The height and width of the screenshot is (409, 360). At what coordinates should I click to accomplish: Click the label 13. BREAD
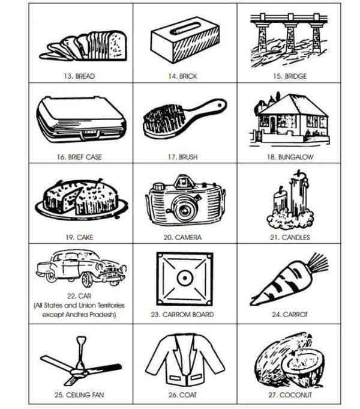coord(79,76)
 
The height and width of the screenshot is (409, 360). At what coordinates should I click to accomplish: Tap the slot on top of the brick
coord(185,28)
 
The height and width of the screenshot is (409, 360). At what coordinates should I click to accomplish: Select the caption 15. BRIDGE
coord(290,76)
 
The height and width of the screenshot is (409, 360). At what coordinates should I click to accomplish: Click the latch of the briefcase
coord(90,134)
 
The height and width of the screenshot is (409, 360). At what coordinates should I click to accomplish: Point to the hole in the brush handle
coord(220,105)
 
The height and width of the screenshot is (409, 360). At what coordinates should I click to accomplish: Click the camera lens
coord(185,208)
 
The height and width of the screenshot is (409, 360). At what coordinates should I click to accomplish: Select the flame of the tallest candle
coord(299,172)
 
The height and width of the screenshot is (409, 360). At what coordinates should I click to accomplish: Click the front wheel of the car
coord(88,280)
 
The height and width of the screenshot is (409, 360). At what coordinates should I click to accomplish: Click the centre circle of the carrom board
coord(185,278)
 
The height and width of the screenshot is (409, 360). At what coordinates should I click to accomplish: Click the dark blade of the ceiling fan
coord(106,369)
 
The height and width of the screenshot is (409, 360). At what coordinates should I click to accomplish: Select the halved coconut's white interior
coord(302,362)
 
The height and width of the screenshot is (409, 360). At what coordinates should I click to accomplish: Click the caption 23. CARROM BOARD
coord(182,315)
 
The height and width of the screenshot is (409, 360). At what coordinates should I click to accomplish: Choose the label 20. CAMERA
coord(182,238)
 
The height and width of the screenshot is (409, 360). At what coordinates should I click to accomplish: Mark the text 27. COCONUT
coord(290,395)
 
